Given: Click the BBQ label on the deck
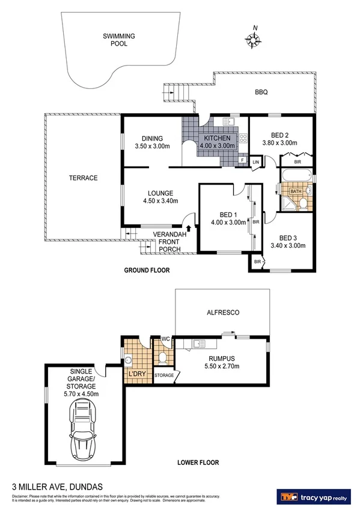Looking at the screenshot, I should point(261,92).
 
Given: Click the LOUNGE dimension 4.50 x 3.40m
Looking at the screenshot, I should point(160,201).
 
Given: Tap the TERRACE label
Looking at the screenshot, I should point(83,177).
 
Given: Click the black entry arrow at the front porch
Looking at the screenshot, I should point(190,229).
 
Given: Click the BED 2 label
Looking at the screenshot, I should point(279,135).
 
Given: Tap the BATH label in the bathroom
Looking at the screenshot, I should point(296,192).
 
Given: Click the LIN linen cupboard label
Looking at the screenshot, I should point(255,162).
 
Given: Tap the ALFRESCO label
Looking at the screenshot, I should point(224,313).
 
